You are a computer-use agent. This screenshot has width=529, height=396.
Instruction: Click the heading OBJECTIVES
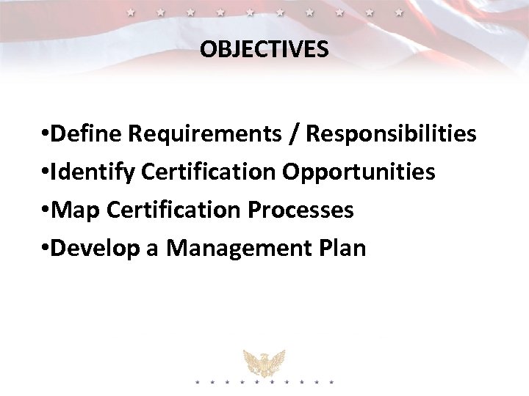point(264,49)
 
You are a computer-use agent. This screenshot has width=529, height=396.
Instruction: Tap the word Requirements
point(203,134)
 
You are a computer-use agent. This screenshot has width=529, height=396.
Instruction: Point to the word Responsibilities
point(391,134)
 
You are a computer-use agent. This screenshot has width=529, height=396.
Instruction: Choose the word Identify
point(93,172)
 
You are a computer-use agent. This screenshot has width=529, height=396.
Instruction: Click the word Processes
point(301,210)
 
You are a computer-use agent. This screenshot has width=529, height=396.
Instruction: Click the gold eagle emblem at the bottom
point(264,362)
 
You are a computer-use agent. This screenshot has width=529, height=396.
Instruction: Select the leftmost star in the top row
point(130,12)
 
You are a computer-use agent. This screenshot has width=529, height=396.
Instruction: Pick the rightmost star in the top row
point(399,12)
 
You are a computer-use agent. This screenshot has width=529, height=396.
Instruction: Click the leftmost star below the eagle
point(196,382)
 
